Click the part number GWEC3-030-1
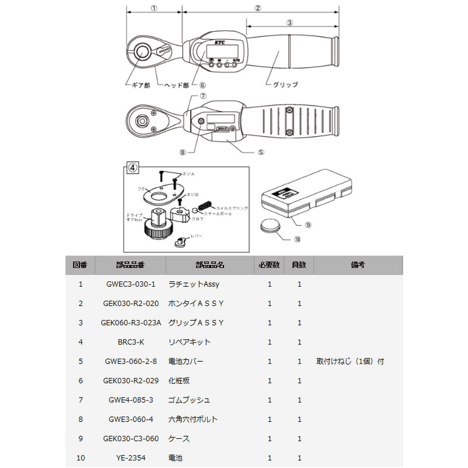130,285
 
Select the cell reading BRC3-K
130,342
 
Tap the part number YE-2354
130,458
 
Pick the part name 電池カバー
185,361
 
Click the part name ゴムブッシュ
189,400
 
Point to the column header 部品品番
130,265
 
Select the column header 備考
358,265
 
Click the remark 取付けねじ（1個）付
350,361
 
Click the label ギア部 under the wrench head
141,86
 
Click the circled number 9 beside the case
309,225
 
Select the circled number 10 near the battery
297,239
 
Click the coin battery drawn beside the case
270,226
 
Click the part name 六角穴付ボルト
193,419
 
